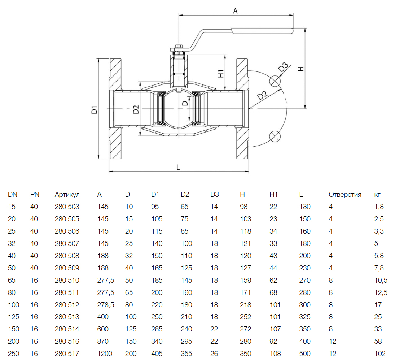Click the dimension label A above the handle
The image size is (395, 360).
coord(235,11)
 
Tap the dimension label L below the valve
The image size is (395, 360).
coord(178,167)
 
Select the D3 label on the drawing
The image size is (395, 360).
coord(283,67)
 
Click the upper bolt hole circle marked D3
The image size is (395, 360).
coord(275,81)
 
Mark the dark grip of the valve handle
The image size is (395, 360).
coord(262,31)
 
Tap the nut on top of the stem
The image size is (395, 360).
coord(179,47)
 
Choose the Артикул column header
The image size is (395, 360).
coord(67,195)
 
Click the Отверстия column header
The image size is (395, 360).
coord(345,195)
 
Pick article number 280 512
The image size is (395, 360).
coord(67,305)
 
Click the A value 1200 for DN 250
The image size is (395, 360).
coord(105,354)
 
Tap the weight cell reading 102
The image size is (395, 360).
coord(380,354)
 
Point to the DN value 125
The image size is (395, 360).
coord(14,317)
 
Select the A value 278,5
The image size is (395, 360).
coord(106,305)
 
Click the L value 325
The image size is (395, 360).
coord(305,317)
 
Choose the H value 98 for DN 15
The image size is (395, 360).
coord(244,207)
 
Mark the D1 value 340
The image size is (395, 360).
coord(157,342)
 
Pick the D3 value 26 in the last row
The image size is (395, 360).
coord(214,354)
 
